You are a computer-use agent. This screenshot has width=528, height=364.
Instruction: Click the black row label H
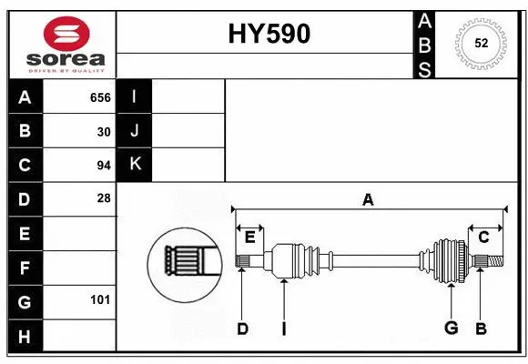pyautogui.click(x=25, y=336)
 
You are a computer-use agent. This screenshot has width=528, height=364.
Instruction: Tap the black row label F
pyautogui.click(x=25, y=268)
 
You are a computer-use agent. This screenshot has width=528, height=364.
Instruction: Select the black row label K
pyautogui.click(x=135, y=165)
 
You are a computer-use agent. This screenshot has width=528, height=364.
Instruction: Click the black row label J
pyautogui.click(x=135, y=131)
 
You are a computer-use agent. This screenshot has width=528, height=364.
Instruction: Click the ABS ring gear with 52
pyautogui.click(x=480, y=42)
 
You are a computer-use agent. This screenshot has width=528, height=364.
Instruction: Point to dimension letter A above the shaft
pyautogui.click(x=368, y=198)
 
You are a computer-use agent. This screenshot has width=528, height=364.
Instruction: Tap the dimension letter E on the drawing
pyautogui.click(x=249, y=238)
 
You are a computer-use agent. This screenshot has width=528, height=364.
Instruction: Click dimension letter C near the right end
pyautogui.click(x=483, y=238)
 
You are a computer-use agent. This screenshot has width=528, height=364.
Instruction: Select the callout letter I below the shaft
pyautogui.click(x=284, y=329)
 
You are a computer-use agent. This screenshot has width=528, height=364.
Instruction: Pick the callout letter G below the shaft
pyautogui.click(x=450, y=329)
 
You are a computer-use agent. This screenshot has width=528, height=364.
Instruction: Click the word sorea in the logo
pyautogui.click(x=66, y=59)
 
